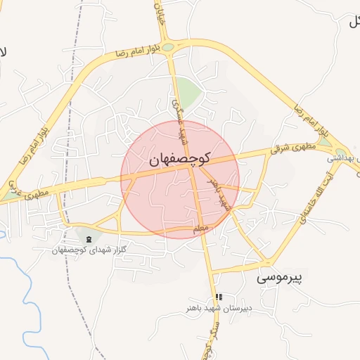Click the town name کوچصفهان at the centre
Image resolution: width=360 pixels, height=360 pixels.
pos(180,160)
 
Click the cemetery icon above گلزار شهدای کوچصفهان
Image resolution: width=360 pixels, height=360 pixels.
pos(88,240)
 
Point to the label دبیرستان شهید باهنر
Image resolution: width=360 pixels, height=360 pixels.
pos(219,307)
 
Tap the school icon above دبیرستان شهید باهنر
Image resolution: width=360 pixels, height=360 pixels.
pos(219,297)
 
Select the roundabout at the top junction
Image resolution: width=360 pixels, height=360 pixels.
pos(169,48)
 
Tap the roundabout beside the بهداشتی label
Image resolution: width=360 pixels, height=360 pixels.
pos(341,150)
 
